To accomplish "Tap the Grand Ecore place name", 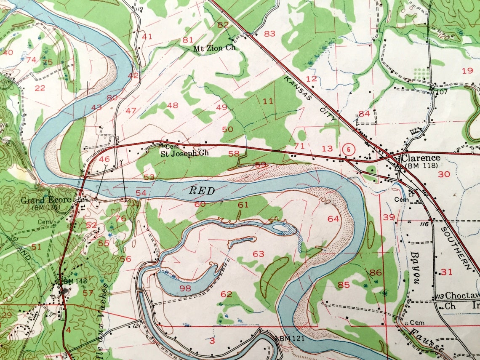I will pos(46,200).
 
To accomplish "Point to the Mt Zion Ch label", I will pos(214,48).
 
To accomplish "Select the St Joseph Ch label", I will pos(184,153).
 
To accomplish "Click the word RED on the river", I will pos(202,191).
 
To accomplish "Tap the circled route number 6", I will pos(348,148).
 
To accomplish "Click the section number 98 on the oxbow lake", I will pos(185,288).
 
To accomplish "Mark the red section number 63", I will pos(258,254).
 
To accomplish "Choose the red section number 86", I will pos(375,273).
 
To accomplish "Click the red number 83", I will pos(269,34).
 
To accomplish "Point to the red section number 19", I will pos(467,71).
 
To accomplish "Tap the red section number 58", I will pos(234,154).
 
